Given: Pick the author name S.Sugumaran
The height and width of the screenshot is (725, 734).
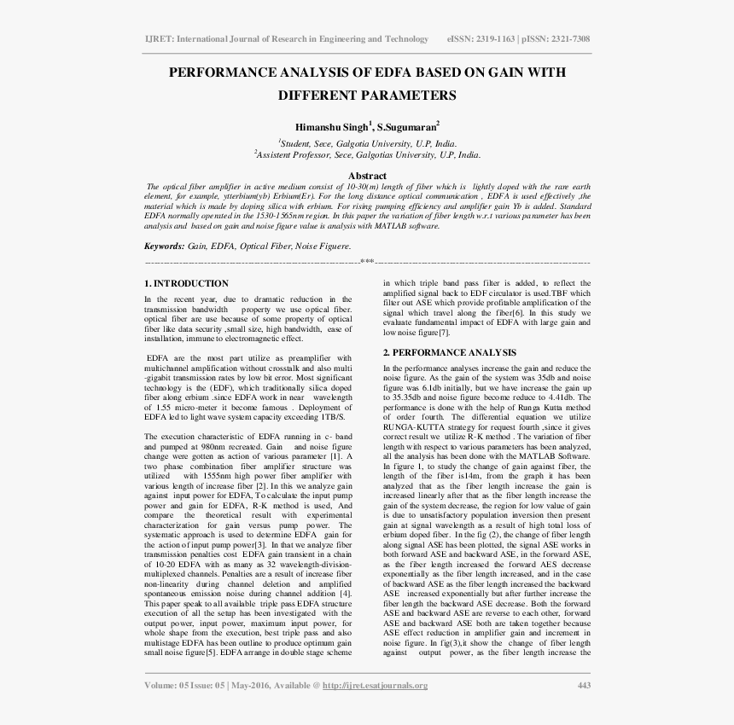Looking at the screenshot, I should pyautogui.click(x=407, y=125).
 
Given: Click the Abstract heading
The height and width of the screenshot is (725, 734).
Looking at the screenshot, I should pyautogui.click(x=367, y=177).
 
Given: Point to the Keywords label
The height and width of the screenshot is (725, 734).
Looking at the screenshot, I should pyautogui.click(x=164, y=246).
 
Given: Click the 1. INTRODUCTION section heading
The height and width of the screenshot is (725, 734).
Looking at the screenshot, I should pyautogui.click(x=186, y=283).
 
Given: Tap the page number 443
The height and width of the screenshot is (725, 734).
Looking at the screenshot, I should pyautogui.click(x=584, y=685).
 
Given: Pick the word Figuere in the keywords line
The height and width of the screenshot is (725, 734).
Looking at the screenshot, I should pyautogui.click(x=333, y=246).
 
